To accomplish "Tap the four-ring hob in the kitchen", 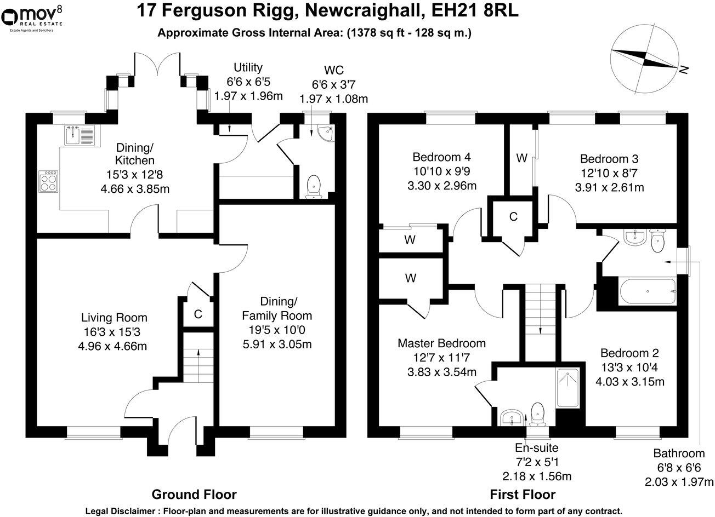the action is pyautogui.click(x=48, y=181).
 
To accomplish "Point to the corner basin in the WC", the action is pyautogui.click(x=326, y=133).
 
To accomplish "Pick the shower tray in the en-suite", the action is pyautogui.click(x=568, y=388).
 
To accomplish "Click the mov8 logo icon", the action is pyautogui.click(x=9, y=18).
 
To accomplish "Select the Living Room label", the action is pyautogui.click(x=114, y=318).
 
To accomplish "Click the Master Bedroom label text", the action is pyautogui.click(x=442, y=343).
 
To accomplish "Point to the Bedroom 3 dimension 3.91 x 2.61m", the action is pyautogui.click(x=609, y=187).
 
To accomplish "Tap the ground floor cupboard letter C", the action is pyautogui.click(x=198, y=314).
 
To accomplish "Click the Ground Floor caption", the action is pyautogui.click(x=194, y=495).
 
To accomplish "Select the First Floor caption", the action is pyautogui.click(x=523, y=495).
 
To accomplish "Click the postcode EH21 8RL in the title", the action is pyautogui.click(x=475, y=10).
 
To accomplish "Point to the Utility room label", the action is pyautogui.click(x=248, y=67).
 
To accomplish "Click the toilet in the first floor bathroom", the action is pyautogui.click(x=657, y=242).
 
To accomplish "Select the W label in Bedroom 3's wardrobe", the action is pyautogui.click(x=521, y=158).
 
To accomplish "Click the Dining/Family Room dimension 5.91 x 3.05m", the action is pyautogui.click(x=277, y=344).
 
